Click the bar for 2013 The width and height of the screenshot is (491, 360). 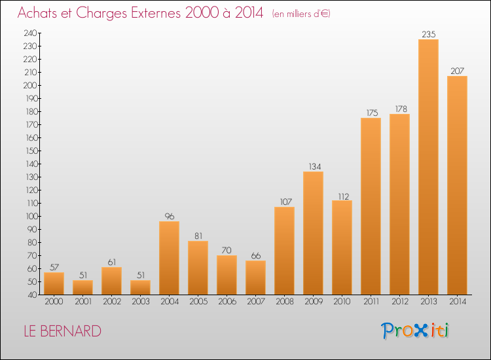428,167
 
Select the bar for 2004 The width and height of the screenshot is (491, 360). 169,258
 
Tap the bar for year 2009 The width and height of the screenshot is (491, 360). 313,233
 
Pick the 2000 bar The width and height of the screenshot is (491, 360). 54,283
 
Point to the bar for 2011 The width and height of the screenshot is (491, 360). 371,206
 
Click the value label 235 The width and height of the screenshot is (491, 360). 428,34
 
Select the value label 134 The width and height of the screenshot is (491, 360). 315,166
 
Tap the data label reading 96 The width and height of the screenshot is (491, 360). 170,216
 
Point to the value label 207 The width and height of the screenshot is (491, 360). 457,71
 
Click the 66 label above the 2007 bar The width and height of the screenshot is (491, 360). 256,255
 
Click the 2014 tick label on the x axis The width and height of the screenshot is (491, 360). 458,301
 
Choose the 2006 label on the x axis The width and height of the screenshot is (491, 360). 227,301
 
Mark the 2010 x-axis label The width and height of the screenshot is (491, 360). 342,301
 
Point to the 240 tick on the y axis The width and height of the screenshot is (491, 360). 30,33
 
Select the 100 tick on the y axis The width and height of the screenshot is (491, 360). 31,216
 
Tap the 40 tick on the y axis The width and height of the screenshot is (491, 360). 33,295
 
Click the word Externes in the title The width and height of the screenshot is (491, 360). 156,12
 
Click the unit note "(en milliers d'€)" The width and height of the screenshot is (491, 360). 301,14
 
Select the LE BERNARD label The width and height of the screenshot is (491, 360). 63,331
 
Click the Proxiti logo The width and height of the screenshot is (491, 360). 415,331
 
